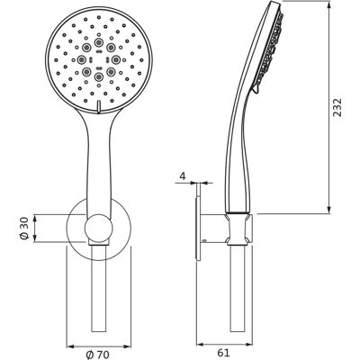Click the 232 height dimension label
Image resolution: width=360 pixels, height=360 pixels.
337,108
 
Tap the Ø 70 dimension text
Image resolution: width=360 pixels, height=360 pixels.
98,355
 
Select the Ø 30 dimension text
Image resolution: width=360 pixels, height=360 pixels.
24,229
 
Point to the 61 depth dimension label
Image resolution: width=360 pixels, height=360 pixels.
223,353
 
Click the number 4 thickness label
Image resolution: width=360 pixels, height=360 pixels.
183,175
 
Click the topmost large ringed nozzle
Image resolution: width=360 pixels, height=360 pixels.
98,42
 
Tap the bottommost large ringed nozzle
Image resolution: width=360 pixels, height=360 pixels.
98,76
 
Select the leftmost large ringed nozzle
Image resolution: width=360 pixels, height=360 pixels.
81,59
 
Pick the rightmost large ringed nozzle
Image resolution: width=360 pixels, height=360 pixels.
115,59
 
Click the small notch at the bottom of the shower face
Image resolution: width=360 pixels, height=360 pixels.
98,107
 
